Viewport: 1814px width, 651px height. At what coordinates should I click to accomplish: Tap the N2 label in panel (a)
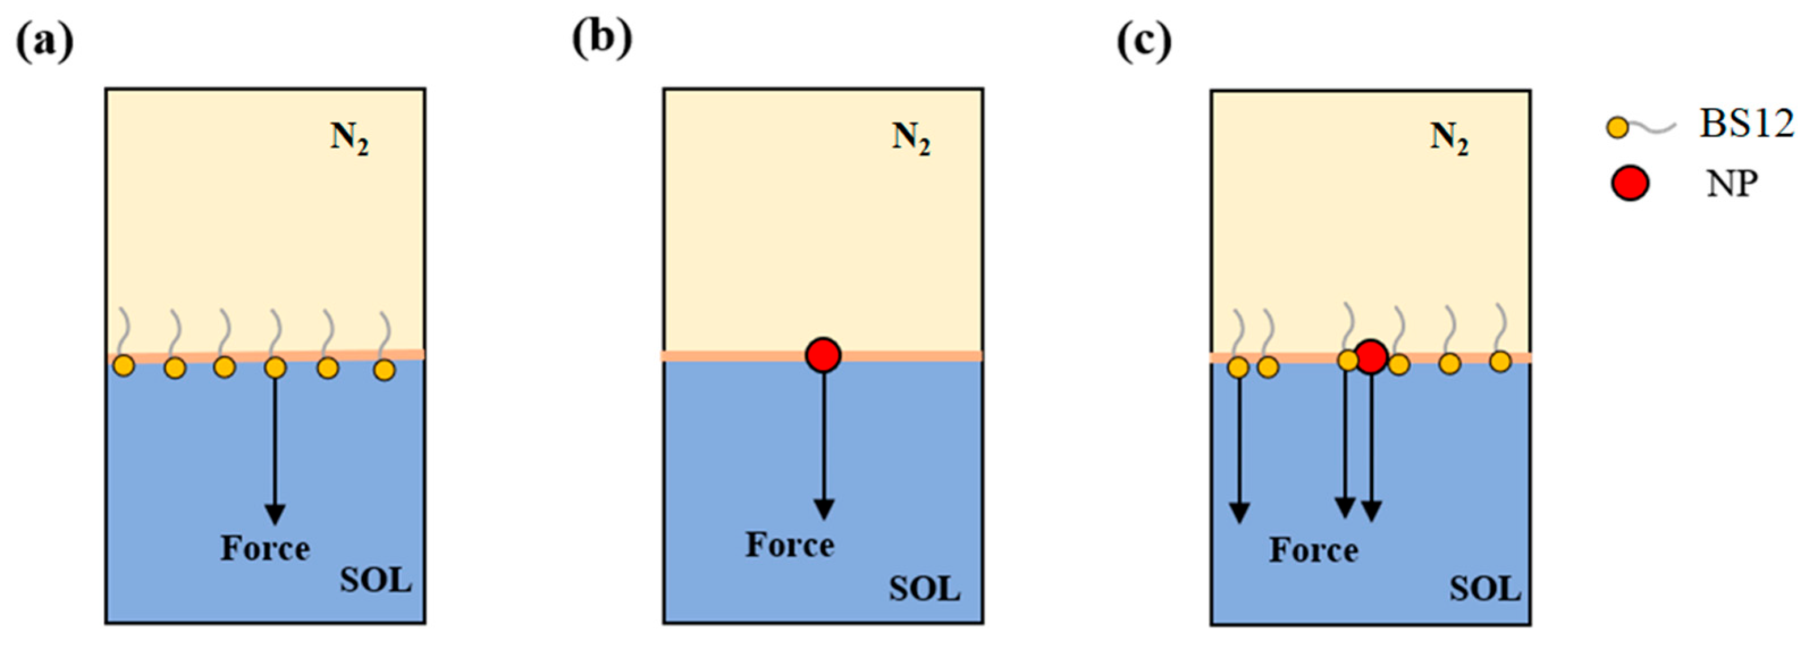tap(349, 138)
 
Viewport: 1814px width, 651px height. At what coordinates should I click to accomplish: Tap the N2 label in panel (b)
tap(911, 138)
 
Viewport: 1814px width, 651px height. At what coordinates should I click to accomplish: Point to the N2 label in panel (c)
tap(1449, 138)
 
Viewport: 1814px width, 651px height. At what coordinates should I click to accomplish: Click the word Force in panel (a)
tap(265, 549)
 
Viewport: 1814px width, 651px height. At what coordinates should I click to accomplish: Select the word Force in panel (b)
tap(790, 546)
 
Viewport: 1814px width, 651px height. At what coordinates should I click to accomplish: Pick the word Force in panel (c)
tap(1313, 551)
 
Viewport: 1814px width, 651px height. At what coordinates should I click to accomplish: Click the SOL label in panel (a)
tap(376, 581)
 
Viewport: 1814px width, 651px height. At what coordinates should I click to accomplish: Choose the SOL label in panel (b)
tap(925, 589)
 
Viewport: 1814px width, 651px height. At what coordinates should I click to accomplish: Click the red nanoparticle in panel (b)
tap(823, 356)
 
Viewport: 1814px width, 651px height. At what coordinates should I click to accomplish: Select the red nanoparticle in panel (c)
tap(1370, 357)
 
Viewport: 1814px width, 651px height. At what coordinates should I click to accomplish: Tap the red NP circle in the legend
tap(1630, 184)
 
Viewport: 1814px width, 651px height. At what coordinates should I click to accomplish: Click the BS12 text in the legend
tap(1746, 125)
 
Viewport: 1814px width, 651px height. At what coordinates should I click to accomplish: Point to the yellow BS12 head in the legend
tap(1618, 128)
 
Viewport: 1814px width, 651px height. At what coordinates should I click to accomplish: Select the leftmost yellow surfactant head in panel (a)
tap(124, 366)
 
